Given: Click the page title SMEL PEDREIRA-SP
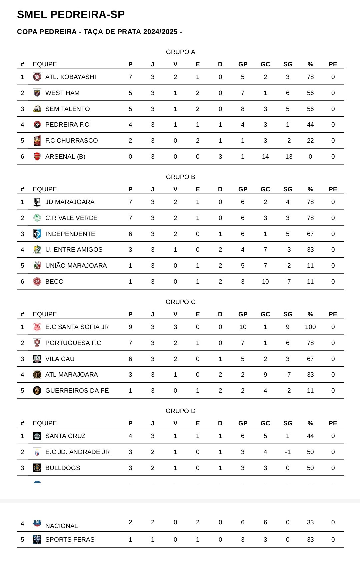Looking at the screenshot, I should click(x=71, y=15).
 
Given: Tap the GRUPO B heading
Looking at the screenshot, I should click(x=180, y=177).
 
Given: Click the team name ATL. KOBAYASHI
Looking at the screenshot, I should click(x=70, y=77).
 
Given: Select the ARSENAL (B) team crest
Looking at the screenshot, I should click(x=37, y=157).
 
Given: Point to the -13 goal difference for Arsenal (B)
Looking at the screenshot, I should click(x=288, y=157).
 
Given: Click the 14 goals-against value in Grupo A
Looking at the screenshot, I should click(x=265, y=157).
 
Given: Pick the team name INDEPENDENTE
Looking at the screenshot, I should click(x=70, y=234).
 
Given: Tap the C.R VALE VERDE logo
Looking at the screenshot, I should click(x=37, y=218).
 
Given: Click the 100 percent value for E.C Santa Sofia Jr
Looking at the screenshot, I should click(x=310, y=327).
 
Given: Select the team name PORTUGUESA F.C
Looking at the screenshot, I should click(x=73, y=343).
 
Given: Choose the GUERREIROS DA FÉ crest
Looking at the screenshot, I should click(x=37, y=391).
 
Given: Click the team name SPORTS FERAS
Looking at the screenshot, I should click(x=70, y=540).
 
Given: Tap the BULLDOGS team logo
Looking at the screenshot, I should click(x=37, y=468).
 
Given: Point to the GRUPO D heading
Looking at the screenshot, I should click(x=180, y=411).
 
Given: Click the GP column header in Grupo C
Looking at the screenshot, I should click(x=243, y=314).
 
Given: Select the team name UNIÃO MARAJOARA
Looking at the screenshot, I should click(x=76, y=266).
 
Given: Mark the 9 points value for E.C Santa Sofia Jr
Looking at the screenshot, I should click(x=130, y=327).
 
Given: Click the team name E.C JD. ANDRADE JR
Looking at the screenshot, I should click(x=77, y=452).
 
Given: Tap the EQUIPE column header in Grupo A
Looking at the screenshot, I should click(x=45, y=64).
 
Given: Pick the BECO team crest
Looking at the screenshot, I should click(x=37, y=282).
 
